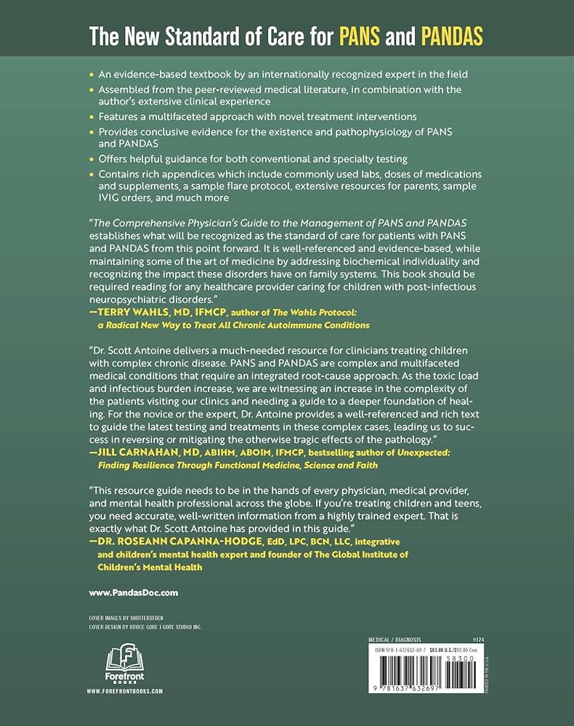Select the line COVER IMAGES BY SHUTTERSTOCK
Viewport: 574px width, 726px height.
pos(123,617)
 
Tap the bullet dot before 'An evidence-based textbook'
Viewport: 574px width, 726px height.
pos(91,75)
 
